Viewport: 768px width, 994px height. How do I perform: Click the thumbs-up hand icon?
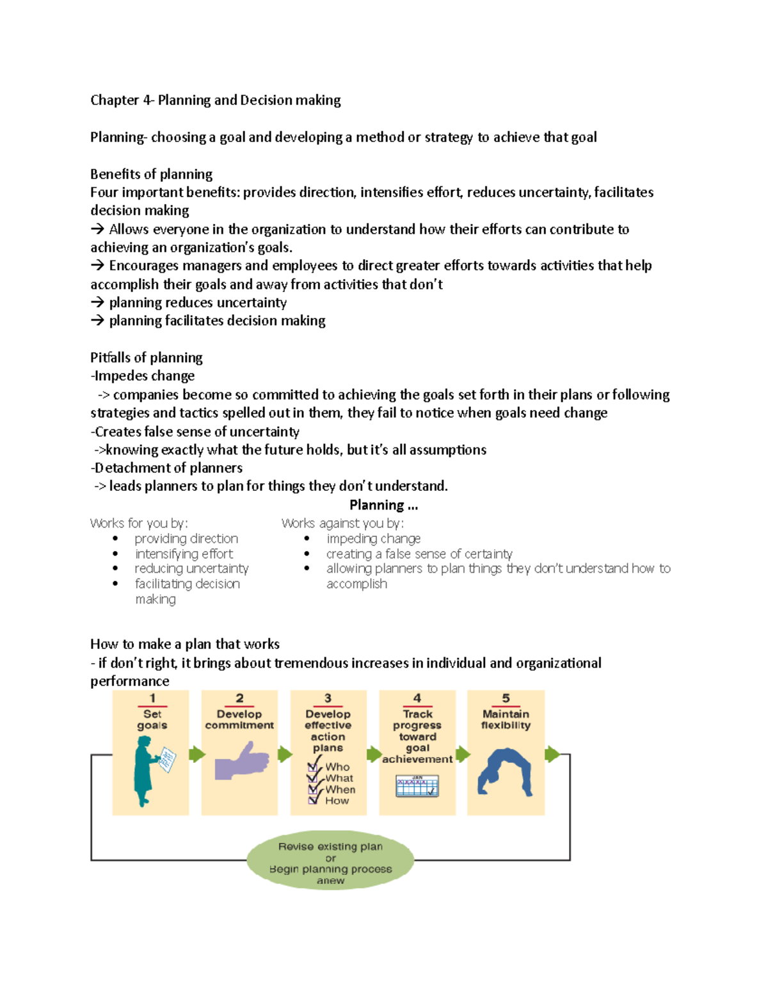coord(241,761)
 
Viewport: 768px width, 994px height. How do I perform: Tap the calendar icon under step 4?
coord(417,785)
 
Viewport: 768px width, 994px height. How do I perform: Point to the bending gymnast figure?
coord(505,772)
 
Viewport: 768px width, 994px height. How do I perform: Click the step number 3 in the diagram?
coord(328,698)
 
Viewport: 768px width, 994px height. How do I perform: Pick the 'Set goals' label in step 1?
coord(152,719)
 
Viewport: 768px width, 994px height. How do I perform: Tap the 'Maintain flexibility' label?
coord(506,719)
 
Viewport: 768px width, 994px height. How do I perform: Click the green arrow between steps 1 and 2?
coord(197,754)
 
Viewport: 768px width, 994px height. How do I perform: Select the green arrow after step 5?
coord(552,754)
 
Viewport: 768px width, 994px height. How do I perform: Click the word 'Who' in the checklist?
coord(337,767)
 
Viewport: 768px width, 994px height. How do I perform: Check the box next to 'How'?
coord(313,800)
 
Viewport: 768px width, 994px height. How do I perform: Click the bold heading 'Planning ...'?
coord(383,505)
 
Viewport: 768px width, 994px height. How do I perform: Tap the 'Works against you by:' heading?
coord(342,523)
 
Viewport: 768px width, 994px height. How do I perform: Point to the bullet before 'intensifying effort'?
coord(115,554)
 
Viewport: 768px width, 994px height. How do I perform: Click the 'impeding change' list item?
coord(373,538)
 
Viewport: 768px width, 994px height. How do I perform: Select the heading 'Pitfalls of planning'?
coord(146,357)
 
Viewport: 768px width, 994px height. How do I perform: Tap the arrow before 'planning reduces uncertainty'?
coord(97,302)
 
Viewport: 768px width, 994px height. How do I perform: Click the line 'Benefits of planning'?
coord(151,174)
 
